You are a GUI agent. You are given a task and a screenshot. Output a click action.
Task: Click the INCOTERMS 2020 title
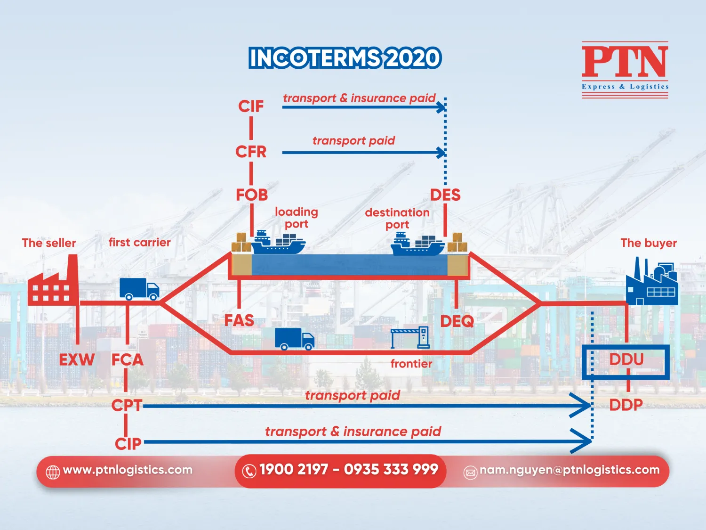[345, 58]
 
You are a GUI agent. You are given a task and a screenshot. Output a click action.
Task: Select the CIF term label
[251, 106]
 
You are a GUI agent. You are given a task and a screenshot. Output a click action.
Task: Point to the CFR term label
[251, 152]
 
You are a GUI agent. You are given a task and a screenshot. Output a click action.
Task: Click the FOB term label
[252, 195]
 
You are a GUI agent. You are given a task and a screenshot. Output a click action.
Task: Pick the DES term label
[445, 195]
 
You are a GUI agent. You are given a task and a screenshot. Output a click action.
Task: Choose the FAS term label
[239, 320]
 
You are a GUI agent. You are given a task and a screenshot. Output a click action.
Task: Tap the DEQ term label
[457, 321]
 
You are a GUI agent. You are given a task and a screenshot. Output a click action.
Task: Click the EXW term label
[77, 359]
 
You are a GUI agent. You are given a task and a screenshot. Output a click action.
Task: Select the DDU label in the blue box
[626, 359]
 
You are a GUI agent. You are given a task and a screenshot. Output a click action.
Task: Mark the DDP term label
[626, 405]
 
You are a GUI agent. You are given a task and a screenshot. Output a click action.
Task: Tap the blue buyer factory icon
[652, 283]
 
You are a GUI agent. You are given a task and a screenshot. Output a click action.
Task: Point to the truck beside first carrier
[139, 289]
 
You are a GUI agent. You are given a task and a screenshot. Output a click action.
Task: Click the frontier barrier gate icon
[410, 337]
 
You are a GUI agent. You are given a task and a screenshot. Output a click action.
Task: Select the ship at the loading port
[278, 243]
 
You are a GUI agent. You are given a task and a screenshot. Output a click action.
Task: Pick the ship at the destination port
[417, 244]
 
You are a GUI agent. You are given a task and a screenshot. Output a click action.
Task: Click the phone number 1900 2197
[293, 470]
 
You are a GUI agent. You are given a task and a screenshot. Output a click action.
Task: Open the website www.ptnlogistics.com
[128, 470]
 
